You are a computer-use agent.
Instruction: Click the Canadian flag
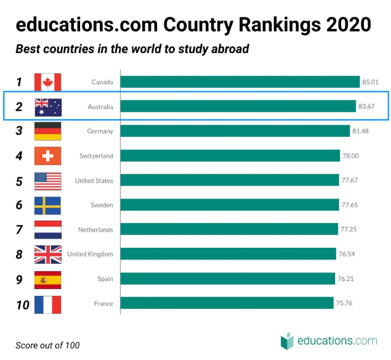[47, 82]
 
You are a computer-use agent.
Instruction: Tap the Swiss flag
[47, 156]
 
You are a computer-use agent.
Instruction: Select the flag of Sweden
[47, 205]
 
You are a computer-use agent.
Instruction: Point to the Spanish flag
[47, 279]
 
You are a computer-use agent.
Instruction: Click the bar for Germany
[235, 131]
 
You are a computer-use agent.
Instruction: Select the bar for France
[227, 304]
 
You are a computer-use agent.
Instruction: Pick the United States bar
[230, 181]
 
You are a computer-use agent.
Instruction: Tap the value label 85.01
[370, 82]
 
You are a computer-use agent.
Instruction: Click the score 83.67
[366, 107]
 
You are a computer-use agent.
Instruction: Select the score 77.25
[349, 230]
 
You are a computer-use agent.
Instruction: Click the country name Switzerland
[96, 156]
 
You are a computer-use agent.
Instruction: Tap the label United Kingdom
[90, 255]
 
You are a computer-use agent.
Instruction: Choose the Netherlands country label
[95, 230]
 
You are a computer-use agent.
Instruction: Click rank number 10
[22, 304]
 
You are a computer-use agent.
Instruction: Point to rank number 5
[19, 181]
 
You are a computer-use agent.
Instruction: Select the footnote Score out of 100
[47, 345]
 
